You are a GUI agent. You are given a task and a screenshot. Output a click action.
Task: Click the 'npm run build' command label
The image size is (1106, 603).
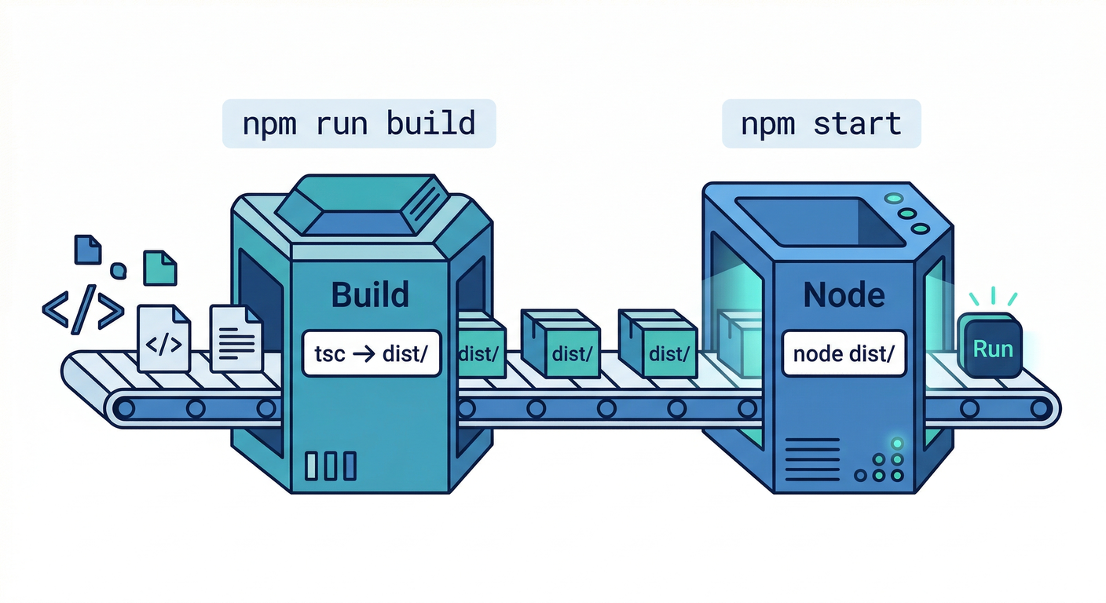[x=359, y=123]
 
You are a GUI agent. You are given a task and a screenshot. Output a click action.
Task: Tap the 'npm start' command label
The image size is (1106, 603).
[x=821, y=123]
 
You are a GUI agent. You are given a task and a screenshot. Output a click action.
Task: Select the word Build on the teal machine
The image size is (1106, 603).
[x=370, y=294]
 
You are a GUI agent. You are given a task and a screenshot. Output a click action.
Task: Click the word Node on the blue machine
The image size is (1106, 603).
[x=844, y=294]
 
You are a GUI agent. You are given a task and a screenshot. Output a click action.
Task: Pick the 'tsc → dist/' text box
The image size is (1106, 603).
[x=371, y=353]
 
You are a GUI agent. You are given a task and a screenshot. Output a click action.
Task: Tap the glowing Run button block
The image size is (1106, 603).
[x=992, y=348]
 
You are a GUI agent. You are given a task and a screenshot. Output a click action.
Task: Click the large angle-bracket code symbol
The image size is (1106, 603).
[x=82, y=307]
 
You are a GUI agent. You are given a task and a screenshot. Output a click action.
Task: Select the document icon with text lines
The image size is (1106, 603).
[x=236, y=338]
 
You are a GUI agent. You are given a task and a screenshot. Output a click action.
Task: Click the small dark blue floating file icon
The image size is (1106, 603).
[x=87, y=249]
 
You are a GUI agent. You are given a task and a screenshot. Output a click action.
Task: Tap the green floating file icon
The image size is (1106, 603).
[x=160, y=267]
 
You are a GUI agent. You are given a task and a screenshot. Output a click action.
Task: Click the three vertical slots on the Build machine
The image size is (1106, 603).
[x=330, y=466]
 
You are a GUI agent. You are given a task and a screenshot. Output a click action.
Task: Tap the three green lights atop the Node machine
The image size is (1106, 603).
[x=907, y=213]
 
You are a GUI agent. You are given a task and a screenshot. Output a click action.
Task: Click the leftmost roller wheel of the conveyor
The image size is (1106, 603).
[x=124, y=407]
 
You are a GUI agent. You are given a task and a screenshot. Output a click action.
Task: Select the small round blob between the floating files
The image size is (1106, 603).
[x=118, y=271]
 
